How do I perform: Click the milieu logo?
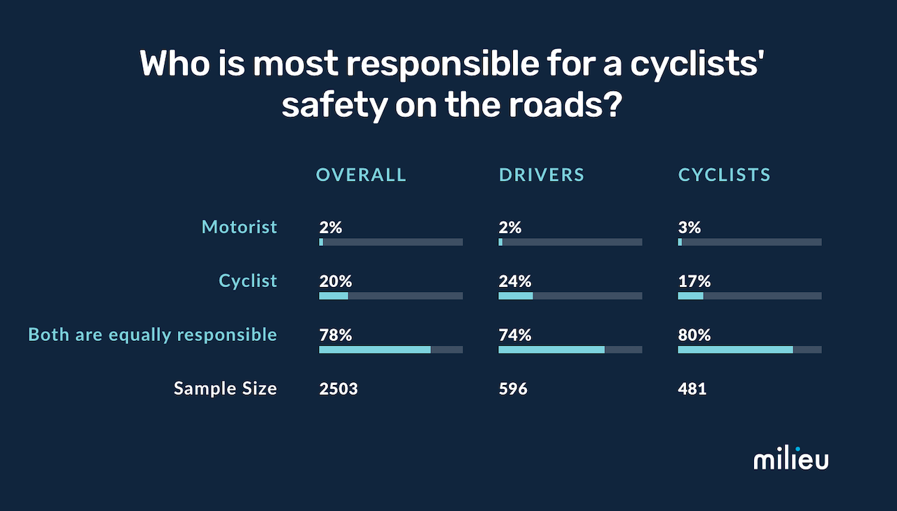(x=790, y=459)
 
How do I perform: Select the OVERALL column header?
(x=361, y=175)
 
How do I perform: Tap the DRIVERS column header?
(x=541, y=175)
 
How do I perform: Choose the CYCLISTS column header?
(x=724, y=175)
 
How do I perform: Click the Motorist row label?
(x=239, y=227)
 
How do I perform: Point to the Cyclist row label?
(x=248, y=281)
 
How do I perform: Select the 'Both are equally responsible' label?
(x=153, y=335)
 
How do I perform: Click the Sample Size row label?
(x=225, y=388)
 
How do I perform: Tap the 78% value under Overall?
(x=335, y=335)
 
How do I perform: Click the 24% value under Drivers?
(x=514, y=281)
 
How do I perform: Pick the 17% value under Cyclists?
(x=694, y=281)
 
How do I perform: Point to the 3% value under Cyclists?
(x=689, y=227)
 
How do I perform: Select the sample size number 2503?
(x=338, y=388)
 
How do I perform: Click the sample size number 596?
(x=512, y=388)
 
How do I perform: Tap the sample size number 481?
(x=692, y=388)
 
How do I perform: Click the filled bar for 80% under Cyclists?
(x=735, y=349)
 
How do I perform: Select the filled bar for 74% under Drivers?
(x=551, y=349)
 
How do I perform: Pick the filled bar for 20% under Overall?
(x=334, y=296)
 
